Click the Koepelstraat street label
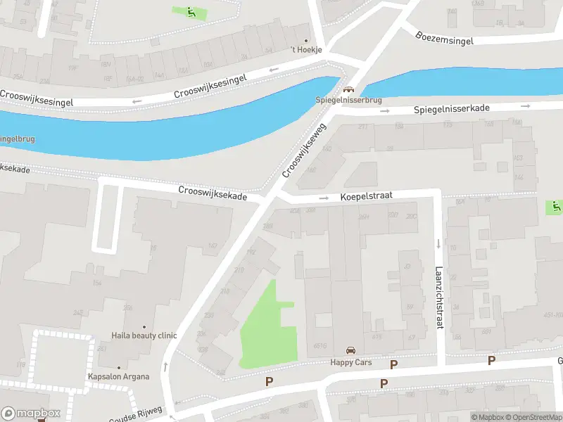pyautogui.click(x=367, y=197)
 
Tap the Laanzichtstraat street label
pyautogui.click(x=438, y=289)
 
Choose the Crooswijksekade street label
pyautogui.click(x=213, y=193)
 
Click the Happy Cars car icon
pyautogui.click(x=350, y=350)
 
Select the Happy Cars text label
pyautogui.click(x=350, y=363)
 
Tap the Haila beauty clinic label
pyautogui.click(x=144, y=335)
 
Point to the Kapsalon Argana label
pyautogui.click(x=118, y=376)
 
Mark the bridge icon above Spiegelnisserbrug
pyautogui.click(x=348, y=90)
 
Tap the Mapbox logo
pyautogui.click(x=31, y=413)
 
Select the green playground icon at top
pyautogui.click(x=191, y=11)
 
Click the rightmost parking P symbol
pyautogui.click(x=491, y=361)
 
